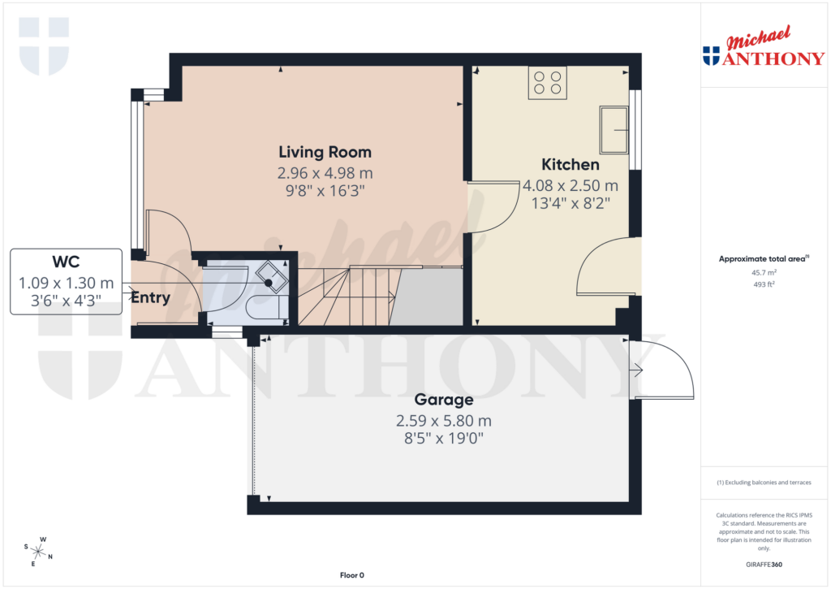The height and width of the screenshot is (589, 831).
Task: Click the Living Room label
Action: (325, 152)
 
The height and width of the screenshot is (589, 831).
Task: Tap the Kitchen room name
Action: (571, 165)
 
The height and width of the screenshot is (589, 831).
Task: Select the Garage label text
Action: (443, 400)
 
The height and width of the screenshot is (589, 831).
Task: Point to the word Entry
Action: (151, 297)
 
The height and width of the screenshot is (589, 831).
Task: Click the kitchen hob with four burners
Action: (547, 83)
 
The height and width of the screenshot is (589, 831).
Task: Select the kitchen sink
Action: (614, 129)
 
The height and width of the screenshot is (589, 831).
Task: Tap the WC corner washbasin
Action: (271, 277)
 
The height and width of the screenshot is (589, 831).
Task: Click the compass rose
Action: (38, 551)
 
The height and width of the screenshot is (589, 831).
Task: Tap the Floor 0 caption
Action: (351, 575)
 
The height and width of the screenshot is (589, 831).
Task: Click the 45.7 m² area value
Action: (764, 273)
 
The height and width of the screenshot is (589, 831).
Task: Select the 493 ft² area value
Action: (764, 284)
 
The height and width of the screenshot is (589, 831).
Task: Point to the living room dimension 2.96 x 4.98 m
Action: (325, 172)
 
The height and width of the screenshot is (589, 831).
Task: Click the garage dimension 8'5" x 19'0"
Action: (443, 440)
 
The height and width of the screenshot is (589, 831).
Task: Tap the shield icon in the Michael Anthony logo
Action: (711, 55)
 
